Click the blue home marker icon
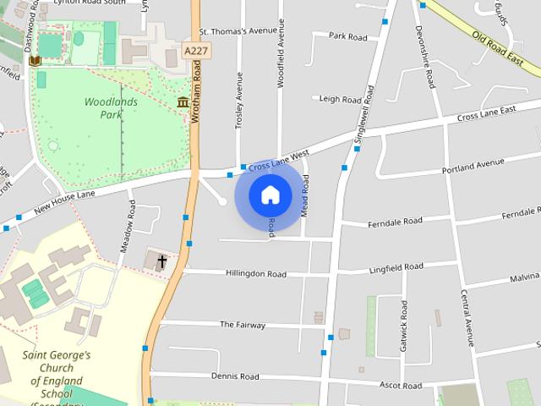270,195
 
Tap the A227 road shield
197,52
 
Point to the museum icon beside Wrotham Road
183,103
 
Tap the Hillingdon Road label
255,274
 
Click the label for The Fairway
243,325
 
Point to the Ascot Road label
400,386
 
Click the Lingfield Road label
396,267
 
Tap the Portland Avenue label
473,166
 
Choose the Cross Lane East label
486,114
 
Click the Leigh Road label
341,99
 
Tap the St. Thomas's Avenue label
238,32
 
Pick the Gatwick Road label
405,337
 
